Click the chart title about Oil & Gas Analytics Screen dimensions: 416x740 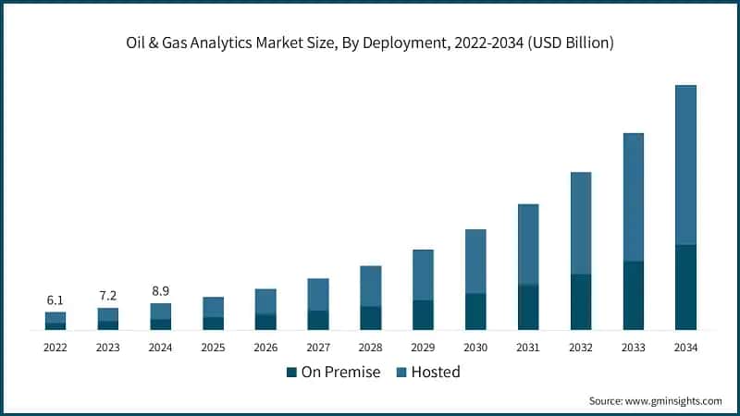pos(370,43)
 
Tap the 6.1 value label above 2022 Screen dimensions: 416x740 pos(55,300)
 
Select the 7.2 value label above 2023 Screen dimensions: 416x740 pos(108,296)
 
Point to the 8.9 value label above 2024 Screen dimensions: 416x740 pos(160,290)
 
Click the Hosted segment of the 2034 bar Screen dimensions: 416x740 pos(685,165)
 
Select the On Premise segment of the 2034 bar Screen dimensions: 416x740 pos(685,288)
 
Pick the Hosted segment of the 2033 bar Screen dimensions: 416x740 pos(633,197)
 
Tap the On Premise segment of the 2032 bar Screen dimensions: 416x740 pos(580,302)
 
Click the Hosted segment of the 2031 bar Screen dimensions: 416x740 pos(528,244)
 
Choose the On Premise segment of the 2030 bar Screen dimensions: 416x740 pos(475,312)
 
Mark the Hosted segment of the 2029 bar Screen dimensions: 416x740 pos(423,275)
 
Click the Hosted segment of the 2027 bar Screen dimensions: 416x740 pos(318,294)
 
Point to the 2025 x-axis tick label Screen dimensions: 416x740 pos(213,348)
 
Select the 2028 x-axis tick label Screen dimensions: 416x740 pos(370,348)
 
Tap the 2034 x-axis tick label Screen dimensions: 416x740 pos(685,348)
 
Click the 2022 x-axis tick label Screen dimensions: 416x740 pos(55,348)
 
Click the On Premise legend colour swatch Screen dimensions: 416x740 pos(291,373)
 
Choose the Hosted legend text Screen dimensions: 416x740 pos(435,373)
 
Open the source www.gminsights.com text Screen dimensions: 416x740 pos(655,401)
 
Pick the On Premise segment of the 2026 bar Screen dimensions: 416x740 pos(265,322)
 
